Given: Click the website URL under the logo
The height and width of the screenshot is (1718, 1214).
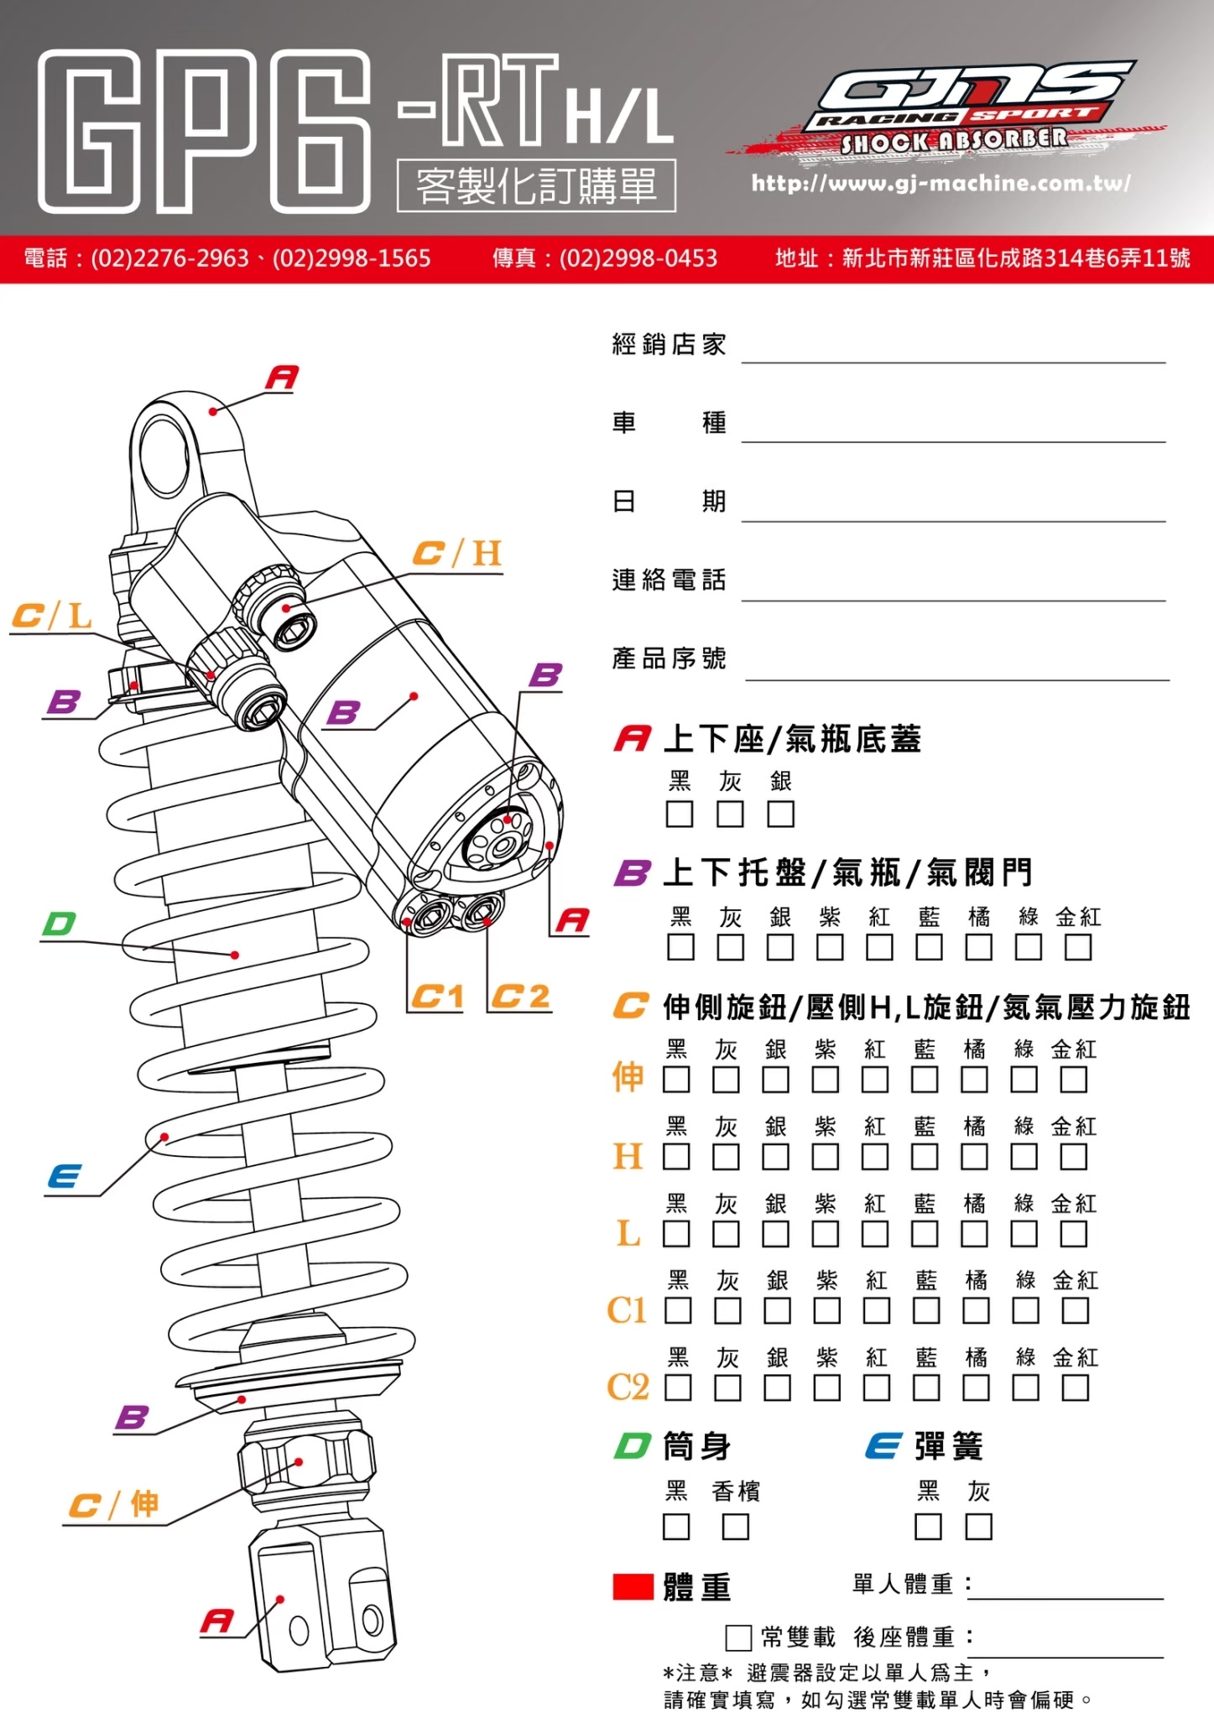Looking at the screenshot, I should pos(940,183).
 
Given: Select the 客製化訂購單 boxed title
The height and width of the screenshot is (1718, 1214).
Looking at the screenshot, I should pos(536,185).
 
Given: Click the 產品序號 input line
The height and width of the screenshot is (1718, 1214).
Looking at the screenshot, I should pos(956,668).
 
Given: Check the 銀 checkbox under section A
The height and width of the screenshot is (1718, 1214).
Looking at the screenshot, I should pos(780,814).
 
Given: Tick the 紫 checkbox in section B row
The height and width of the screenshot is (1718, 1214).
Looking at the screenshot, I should pos(830,948).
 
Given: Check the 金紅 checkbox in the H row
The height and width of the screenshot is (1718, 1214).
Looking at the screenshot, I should pos(1073,1158).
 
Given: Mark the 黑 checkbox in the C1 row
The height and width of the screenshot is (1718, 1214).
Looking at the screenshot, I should pos(678,1311).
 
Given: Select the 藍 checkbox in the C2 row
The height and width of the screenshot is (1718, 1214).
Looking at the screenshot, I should pos(926,1388).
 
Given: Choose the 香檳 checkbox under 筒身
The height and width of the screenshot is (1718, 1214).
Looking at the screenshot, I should pos(735,1527).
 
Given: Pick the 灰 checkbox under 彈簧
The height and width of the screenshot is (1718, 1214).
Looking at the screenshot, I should pos(978,1527).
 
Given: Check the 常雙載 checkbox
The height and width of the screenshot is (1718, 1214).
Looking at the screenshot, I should pos(738,1637).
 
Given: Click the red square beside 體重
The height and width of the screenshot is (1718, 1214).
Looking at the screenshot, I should pos(633,1587).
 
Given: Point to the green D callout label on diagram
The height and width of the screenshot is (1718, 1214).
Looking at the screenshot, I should pos(60,924).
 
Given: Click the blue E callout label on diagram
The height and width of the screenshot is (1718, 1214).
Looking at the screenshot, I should pos(65,1176).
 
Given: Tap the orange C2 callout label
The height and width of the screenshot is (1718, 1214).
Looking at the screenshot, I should pos(520,997).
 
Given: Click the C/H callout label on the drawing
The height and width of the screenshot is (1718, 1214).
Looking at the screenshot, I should pos(457,554).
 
